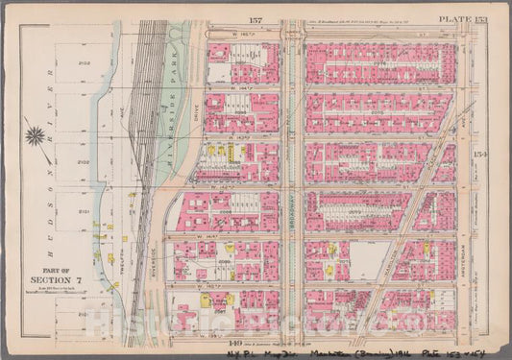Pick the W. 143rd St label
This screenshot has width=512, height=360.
click(x=235, y=137)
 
